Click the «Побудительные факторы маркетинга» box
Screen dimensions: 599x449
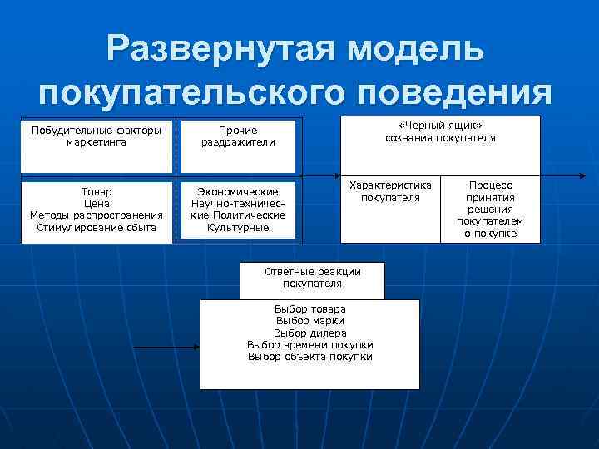pyautogui.click(x=97, y=136)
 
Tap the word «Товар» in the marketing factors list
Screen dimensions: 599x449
pyautogui.click(x=97, y=192)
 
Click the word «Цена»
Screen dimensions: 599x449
pyautogui.click(x=97, y=204)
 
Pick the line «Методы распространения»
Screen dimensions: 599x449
pyautogui.click(x=97, y=215)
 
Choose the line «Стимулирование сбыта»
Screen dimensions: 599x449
pyautogui.click(x=97, y=227)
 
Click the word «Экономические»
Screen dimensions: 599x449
pyautogui.click(x=238, y=192)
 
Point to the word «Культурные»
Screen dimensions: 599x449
pyautogui.click(x=238, y=227)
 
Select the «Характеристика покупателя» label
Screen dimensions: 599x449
pyautogui.click(x=390, y=192)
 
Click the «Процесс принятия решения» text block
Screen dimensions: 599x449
pyautogui.click(x=491, y=210)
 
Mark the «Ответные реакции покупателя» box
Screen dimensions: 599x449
pyautogui.click(x=312, y=278)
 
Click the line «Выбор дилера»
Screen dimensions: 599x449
pyautogui.click(x=310, y=333)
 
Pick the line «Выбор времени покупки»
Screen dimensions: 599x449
pyautogui.click(x=310, y=344)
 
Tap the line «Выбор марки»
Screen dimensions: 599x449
pyautogui.click(x=310, y=321)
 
